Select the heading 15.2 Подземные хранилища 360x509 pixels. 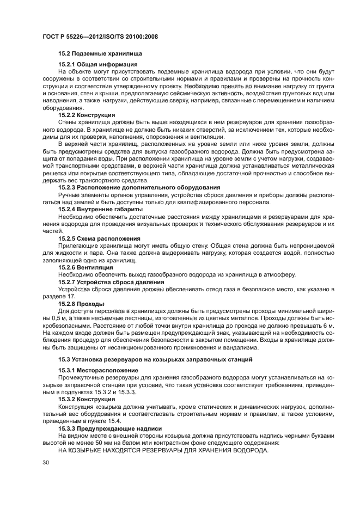tap(100, 54)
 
